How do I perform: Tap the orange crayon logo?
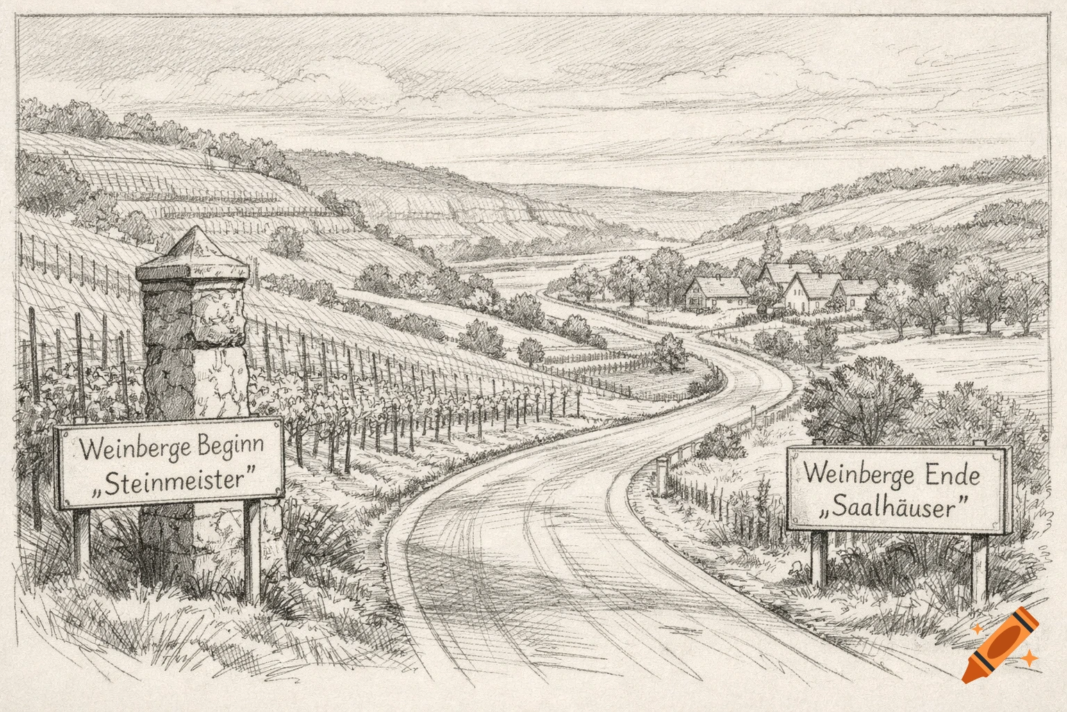[1000, 643]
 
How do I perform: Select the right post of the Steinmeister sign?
[251, 549]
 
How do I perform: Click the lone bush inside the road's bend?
[670, 352]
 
